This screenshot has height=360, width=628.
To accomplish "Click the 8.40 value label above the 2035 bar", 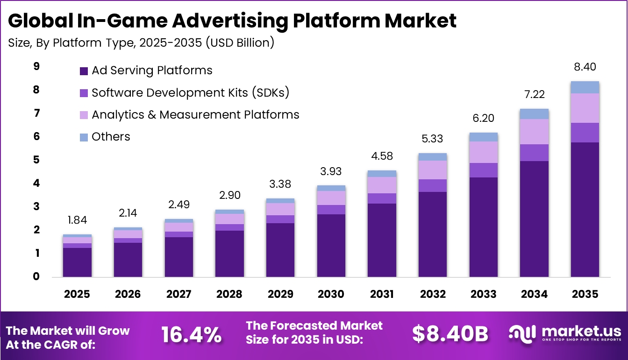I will coord(585,67).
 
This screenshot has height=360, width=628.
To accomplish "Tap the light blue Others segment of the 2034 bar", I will coord(534,114).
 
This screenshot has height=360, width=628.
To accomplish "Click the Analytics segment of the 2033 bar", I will coord(483,152).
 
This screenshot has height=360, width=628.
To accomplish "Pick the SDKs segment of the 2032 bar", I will coord(432,185).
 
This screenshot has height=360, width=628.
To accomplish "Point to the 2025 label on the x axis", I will coord(77,294).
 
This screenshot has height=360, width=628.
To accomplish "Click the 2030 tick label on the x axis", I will coord(331,294).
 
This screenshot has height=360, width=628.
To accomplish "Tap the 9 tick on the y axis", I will coord(36,67).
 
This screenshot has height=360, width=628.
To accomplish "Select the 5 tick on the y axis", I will coord(36,160).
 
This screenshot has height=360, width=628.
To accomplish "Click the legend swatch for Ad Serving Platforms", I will coord(84,71).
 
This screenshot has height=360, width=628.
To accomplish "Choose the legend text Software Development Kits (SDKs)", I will coord(190,92).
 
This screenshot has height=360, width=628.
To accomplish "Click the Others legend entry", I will coord(111,137).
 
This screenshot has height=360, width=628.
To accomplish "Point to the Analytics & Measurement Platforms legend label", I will coord(195,114).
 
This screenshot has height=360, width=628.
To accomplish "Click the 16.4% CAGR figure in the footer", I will coord(191,334).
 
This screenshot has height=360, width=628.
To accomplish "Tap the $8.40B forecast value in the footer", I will coord(450,334).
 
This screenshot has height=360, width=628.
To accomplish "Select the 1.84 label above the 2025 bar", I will coord(77,220).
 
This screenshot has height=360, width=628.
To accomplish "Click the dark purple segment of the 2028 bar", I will coord(229,254).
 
